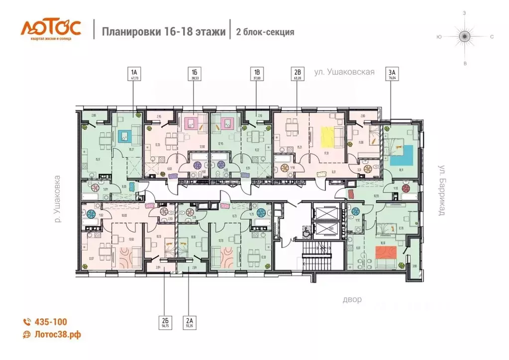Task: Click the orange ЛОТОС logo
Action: pos(50,28)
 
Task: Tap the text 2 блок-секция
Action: pos(264,32)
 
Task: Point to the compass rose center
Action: pos(465,36)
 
